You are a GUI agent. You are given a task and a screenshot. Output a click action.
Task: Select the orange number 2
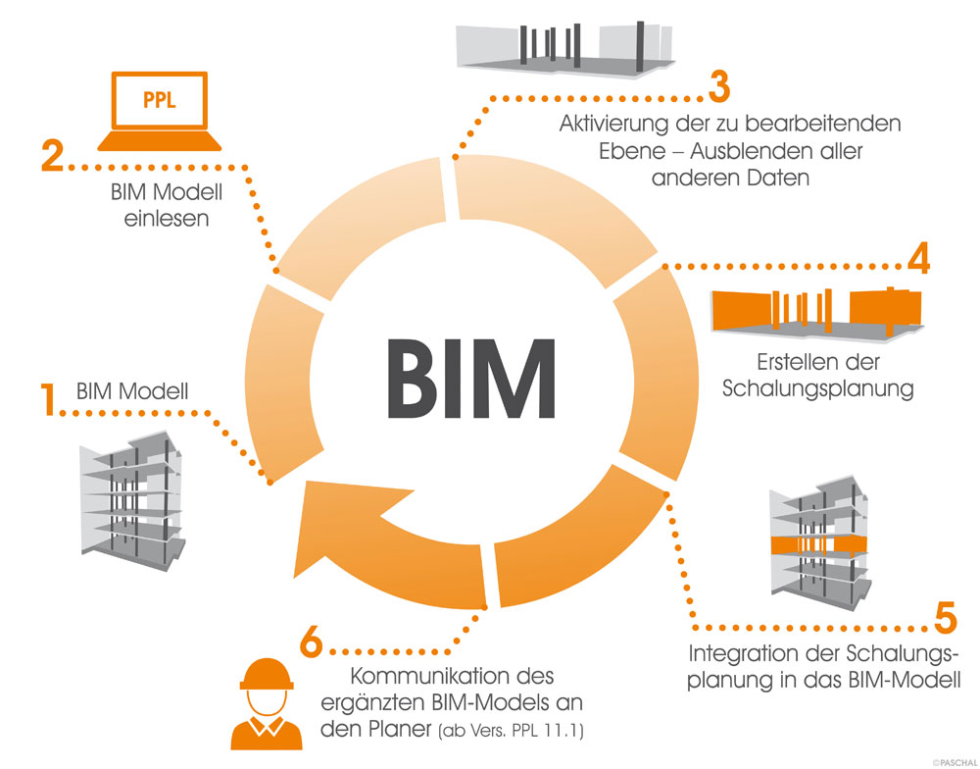point(54,157)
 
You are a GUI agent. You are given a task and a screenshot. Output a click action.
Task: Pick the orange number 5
point(945,619)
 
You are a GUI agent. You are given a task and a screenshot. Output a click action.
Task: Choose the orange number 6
point(312,643)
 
